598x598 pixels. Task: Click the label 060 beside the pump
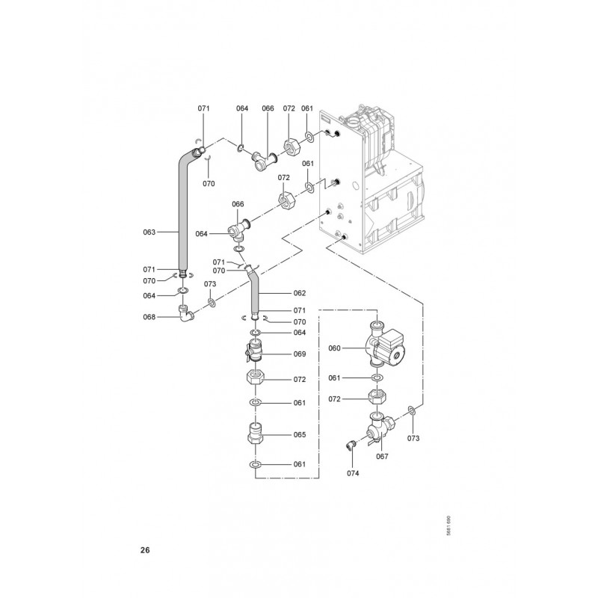click(x=334, y=348)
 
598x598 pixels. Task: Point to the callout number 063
click(x=149, y=232)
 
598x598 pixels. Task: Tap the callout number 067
click(x=382, y=456)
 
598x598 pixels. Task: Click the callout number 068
click(x=149, y=316)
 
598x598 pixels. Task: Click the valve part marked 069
click(x=255, y=352)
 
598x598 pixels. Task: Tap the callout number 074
click(x=354, y=472)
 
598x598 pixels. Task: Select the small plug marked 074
click(x=349, y=446)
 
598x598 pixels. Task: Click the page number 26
click(x=145, y=551)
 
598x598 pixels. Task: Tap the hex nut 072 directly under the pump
click(x=378, y=398)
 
